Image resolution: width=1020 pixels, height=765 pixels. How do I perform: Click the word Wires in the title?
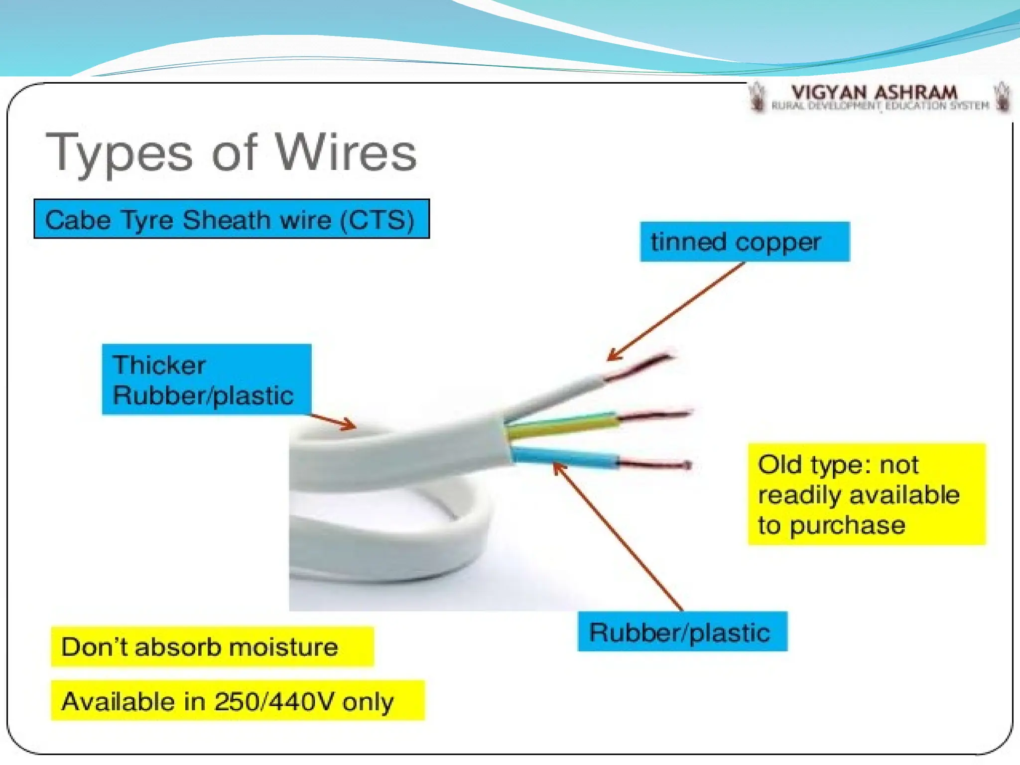point(346,153)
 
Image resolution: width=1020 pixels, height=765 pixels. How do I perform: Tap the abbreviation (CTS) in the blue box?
point(377,220)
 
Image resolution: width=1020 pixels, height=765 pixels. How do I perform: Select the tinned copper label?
point(744,242)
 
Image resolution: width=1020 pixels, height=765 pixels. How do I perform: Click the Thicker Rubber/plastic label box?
point(206,380)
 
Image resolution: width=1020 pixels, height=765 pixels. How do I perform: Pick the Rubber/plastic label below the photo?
point(682,632)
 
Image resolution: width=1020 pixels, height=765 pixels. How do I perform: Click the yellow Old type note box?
point(866,494)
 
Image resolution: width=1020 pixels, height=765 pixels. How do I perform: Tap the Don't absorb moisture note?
point(212,647)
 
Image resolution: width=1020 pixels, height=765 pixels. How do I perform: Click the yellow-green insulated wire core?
point(563,425)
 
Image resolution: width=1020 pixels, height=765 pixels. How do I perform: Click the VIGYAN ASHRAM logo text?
point(874,93)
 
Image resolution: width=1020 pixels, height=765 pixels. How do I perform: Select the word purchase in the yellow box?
point(847,525)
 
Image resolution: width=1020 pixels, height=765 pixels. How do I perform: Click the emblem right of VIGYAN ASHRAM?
point(1002,97)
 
